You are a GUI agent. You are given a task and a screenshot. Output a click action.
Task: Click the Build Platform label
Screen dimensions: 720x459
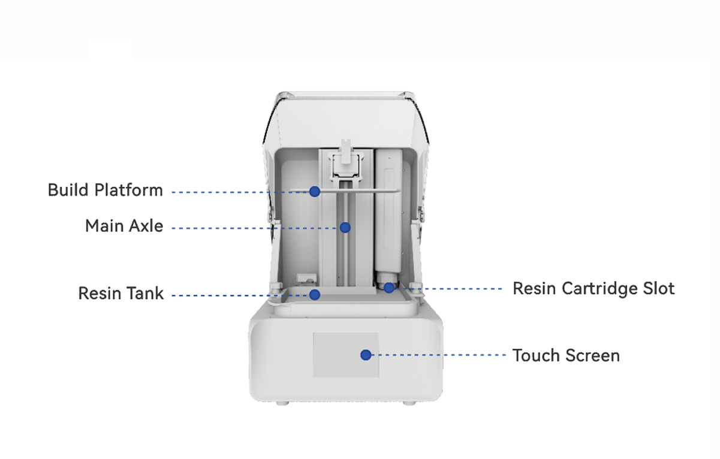tap(106, 190)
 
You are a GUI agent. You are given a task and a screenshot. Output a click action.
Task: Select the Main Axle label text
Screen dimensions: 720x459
tap(124, 226)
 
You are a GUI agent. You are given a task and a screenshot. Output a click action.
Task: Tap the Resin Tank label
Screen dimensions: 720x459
tap(121, 293)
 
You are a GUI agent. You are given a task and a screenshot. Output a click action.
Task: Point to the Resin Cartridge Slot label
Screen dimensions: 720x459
tap(594, 288)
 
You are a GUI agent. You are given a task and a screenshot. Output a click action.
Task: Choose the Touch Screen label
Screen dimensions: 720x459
tap(566, 355)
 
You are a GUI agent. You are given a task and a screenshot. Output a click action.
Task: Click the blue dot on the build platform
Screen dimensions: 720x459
tap(315, 191)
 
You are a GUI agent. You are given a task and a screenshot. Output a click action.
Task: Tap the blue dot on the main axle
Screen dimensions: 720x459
tap(345, 228)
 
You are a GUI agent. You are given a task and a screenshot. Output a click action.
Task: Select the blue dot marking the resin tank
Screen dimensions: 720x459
tap(315, 295)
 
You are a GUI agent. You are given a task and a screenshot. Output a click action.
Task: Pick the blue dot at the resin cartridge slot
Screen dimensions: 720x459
tap(389, 288)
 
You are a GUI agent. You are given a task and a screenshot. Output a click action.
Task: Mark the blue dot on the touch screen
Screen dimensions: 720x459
tap(366, 355)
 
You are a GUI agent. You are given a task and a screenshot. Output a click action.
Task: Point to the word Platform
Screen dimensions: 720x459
tap(128, 190)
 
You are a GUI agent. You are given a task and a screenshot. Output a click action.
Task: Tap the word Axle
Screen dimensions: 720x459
tap(146, 226)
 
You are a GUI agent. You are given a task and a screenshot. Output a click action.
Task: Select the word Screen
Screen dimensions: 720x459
tap(592, 355)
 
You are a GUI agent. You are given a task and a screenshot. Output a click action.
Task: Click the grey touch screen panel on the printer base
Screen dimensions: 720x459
tap(346, 355)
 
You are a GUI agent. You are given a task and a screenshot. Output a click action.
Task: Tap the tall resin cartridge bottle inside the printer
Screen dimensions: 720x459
tap(388, 212)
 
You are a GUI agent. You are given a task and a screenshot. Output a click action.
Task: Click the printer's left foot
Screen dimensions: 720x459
tap(282, 403)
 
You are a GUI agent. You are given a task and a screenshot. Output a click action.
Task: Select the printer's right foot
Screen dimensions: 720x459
tap(409, 403)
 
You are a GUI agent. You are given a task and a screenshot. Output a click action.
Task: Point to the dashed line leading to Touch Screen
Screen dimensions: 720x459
tap(439, 355)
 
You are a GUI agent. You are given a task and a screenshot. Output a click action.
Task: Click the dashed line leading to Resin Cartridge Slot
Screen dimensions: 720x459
tap(448, 288)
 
